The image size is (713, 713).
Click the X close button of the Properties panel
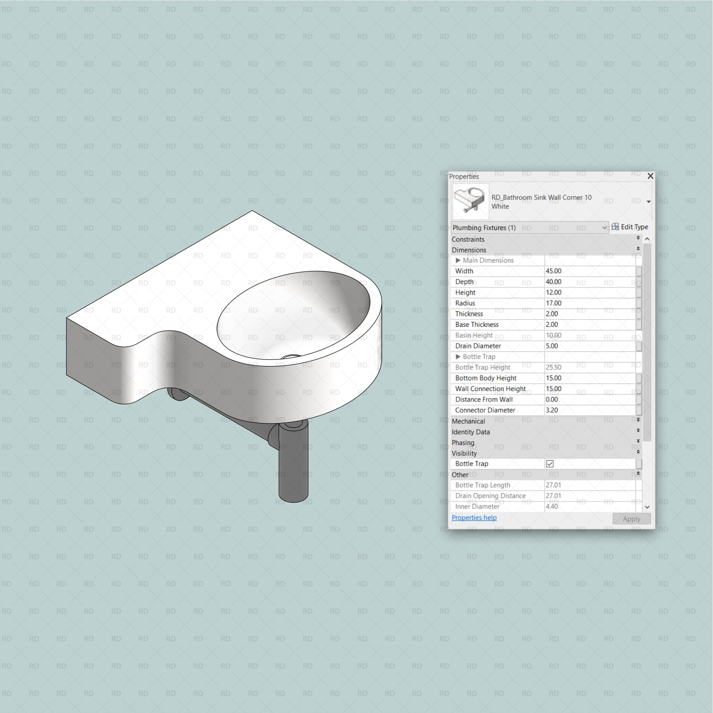click(650, 176)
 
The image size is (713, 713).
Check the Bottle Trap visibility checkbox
click(549, 463)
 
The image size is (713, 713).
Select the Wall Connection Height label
click(490, 389)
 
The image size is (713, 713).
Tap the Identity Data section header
click(471, 432)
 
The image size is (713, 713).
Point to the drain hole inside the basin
click(291, 356)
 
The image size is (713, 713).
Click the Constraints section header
click(468, 239)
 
